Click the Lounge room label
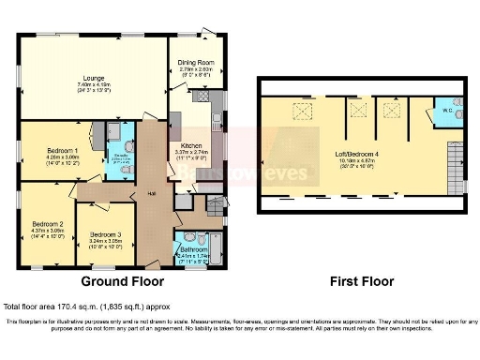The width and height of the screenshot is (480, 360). click(x=92, y=78)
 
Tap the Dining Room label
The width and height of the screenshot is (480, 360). click(x=197, y=63)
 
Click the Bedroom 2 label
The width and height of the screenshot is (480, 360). click(x=47, y=224)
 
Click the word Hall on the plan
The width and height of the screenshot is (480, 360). click(x=150, y=194)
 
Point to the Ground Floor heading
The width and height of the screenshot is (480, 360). click(x=122, y=281)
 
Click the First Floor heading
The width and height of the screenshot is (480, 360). click(x=361, y=281)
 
